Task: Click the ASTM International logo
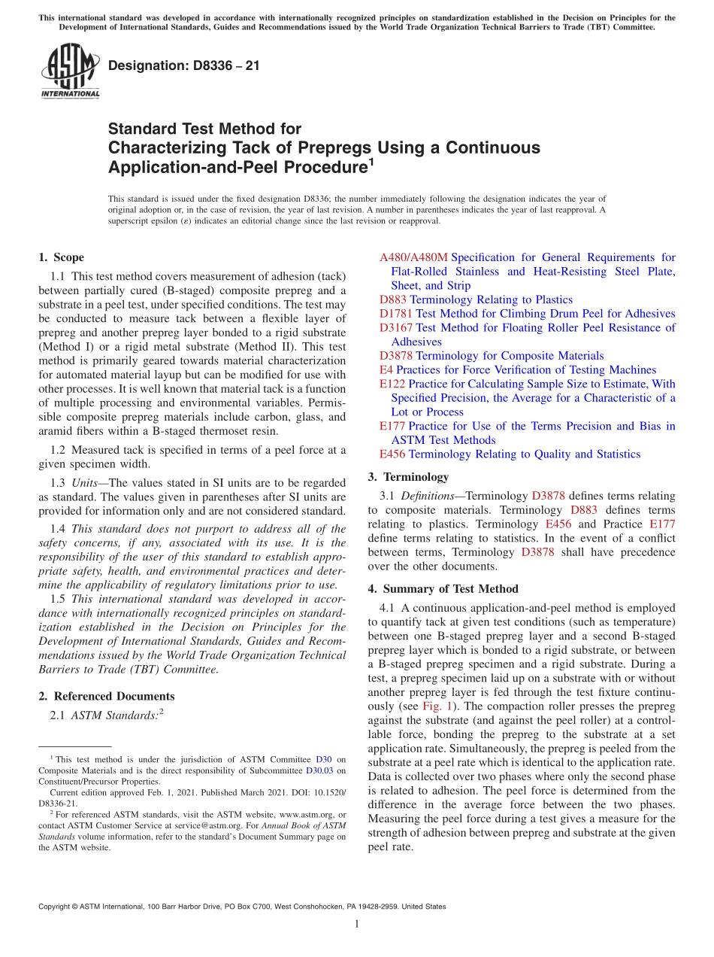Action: click(69, 70)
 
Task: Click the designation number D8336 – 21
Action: click(184, 65)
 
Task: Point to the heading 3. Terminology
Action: click(408, 476)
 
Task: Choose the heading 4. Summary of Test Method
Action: click(443, 588)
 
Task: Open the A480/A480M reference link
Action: click(413, 257)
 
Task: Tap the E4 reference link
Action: click(386, 369)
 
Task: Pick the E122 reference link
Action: click(392, 384)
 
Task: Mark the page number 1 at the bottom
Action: click(357, 925)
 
